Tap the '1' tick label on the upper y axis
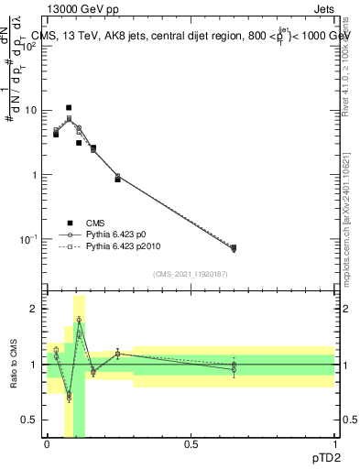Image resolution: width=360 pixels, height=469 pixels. tap(34, 175)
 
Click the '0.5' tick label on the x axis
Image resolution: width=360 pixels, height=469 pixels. tap(191, 443)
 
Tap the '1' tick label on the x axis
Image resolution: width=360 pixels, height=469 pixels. tap(334, 443)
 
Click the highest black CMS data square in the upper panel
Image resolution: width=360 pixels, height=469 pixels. tap(69, 108)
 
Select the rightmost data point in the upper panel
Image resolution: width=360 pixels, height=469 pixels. tap(233, 248)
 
